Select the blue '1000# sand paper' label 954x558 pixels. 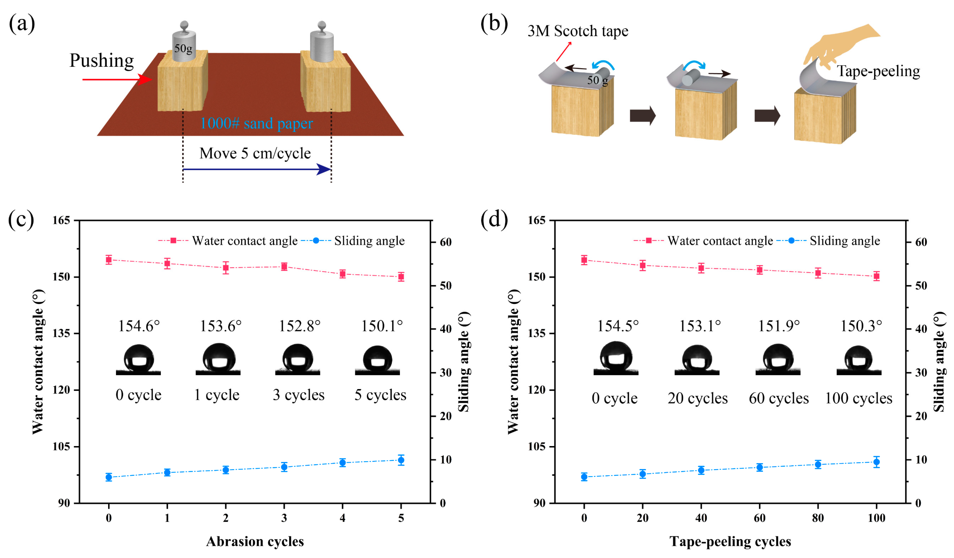click(x=256, y=123)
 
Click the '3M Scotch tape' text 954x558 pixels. click(x=578, y=31)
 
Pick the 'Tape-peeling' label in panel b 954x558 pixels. click(x=878, y=71)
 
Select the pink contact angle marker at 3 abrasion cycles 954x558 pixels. click(x=284, y=267)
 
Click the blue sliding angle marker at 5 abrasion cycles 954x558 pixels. click(x=401, y=460)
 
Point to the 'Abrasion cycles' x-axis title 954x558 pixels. click(x=255, y=541)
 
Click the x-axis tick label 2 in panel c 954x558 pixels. click(x=226, y=518)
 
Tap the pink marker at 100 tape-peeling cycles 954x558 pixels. click(x=876, y=276)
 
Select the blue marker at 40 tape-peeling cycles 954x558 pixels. click(x=701, y=471)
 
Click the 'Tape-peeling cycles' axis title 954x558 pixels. click(x=730, y=541)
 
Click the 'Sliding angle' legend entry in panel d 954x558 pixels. click(x=844, y=241)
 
